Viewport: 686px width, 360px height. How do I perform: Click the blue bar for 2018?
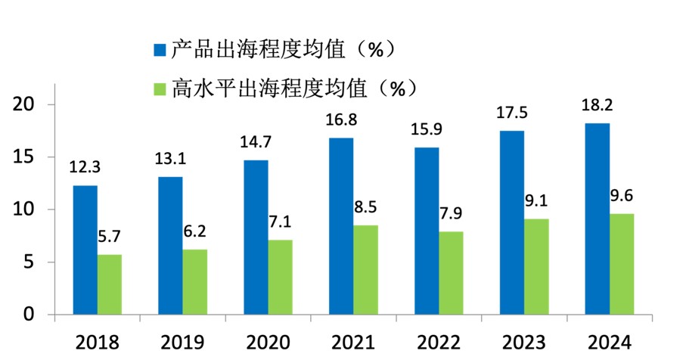click(x=85, y=250)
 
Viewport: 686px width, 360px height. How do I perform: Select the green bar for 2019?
click(x=194, y=281)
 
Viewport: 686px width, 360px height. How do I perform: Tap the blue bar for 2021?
click(x=341, y=225)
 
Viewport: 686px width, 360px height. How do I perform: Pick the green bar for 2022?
click(x=451, y=272)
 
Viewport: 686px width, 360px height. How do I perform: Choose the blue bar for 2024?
click(x=598, y=219)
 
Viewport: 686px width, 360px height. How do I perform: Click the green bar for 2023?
click(x=536, y=266)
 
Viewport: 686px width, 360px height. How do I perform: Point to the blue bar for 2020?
click(x=256, y=237)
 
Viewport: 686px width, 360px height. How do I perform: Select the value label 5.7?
click(x=110, y=237)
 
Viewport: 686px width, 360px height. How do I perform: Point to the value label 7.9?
click(x=452, y=213)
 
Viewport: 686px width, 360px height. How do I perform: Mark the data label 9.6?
click(x=622, y=195)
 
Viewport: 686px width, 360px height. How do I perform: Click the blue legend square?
click(x=160, y=50)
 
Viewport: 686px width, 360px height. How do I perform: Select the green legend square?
click(x=160, y=88)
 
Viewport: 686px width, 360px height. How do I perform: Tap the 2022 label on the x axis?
click(x=438, y=341)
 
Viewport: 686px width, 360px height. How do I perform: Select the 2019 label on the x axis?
click(x=182, y=341)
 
